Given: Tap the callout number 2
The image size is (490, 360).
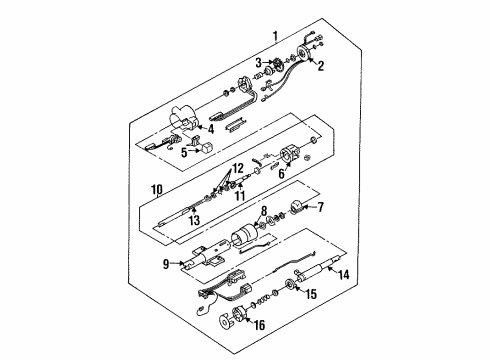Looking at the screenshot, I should click(x=321, y=66).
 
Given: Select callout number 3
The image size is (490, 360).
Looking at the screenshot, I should click(x=258, y=63).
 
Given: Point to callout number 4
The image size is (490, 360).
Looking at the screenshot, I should click(x=211, y=129).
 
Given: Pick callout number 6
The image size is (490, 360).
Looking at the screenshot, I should click(x=280, y=172).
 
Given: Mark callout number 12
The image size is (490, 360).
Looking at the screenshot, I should click(x=237, y=167).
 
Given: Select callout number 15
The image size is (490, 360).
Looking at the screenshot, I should click(x=309, y=294).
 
